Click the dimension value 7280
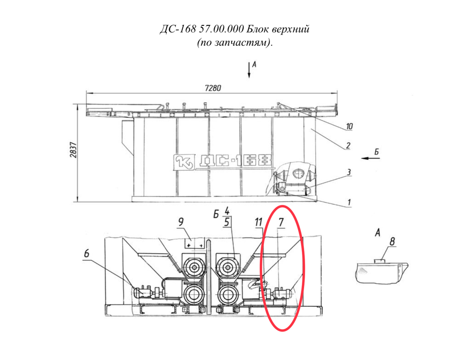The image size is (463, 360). click(x=213, y=88)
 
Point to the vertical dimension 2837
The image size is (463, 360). click(x=73, y=150)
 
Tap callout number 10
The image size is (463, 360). click(x=349, y=126)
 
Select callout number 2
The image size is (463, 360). click(x=348, y=145)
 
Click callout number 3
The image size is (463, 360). click(x=349, y=172)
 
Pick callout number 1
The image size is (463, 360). click(x=349, y=202)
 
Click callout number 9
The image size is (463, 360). click(x=181, y=222)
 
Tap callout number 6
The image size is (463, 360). click(x=87, y=254)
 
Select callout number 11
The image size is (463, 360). click(x=258, y=222)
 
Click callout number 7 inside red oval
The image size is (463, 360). click(x=281, y=222)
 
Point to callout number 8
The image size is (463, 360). click(x=392, y=242)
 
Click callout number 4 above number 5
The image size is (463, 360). click(x=227, y=211)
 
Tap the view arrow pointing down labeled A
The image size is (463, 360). click(x=249, y=70)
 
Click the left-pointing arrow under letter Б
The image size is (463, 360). click(x=370, y=158)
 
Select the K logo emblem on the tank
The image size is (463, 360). click(x=184, y=162)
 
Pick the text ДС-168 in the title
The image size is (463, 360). click(x=178, y=29)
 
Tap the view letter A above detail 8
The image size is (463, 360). click(x=377, y=233)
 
